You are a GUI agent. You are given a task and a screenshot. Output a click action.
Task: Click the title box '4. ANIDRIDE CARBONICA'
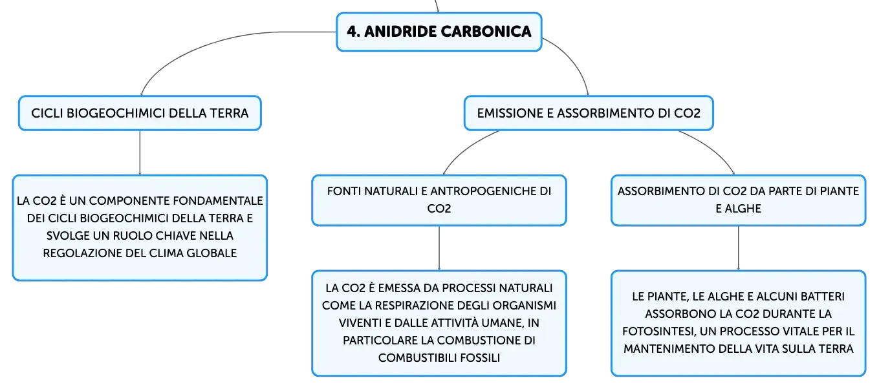coord(439,32)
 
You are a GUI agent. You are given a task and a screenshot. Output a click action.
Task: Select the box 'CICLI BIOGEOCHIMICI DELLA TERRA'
coord(140,113)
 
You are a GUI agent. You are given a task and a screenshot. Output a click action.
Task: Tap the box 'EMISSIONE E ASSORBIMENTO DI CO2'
coord(589,113)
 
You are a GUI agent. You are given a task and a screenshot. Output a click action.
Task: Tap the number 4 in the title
coord(352,32)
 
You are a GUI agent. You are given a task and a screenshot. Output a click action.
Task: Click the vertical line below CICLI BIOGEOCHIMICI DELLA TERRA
coord(140,152)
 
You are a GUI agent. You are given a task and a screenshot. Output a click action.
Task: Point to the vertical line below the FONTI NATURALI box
coord(439,248)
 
